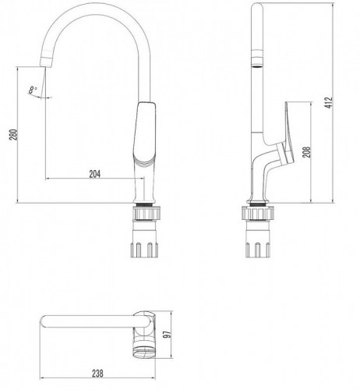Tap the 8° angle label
pyautogui.click(x=32, y=90)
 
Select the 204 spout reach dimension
pyautogui.click(x=94, y=174)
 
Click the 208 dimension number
pyautogui.click(x=306, y=152)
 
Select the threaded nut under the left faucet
pyautogui.click(x=146, y=212)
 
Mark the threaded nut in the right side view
pyautogui.click(x=258, y=212)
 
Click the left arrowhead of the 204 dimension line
pyautogui.click(x=49, y=179)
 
